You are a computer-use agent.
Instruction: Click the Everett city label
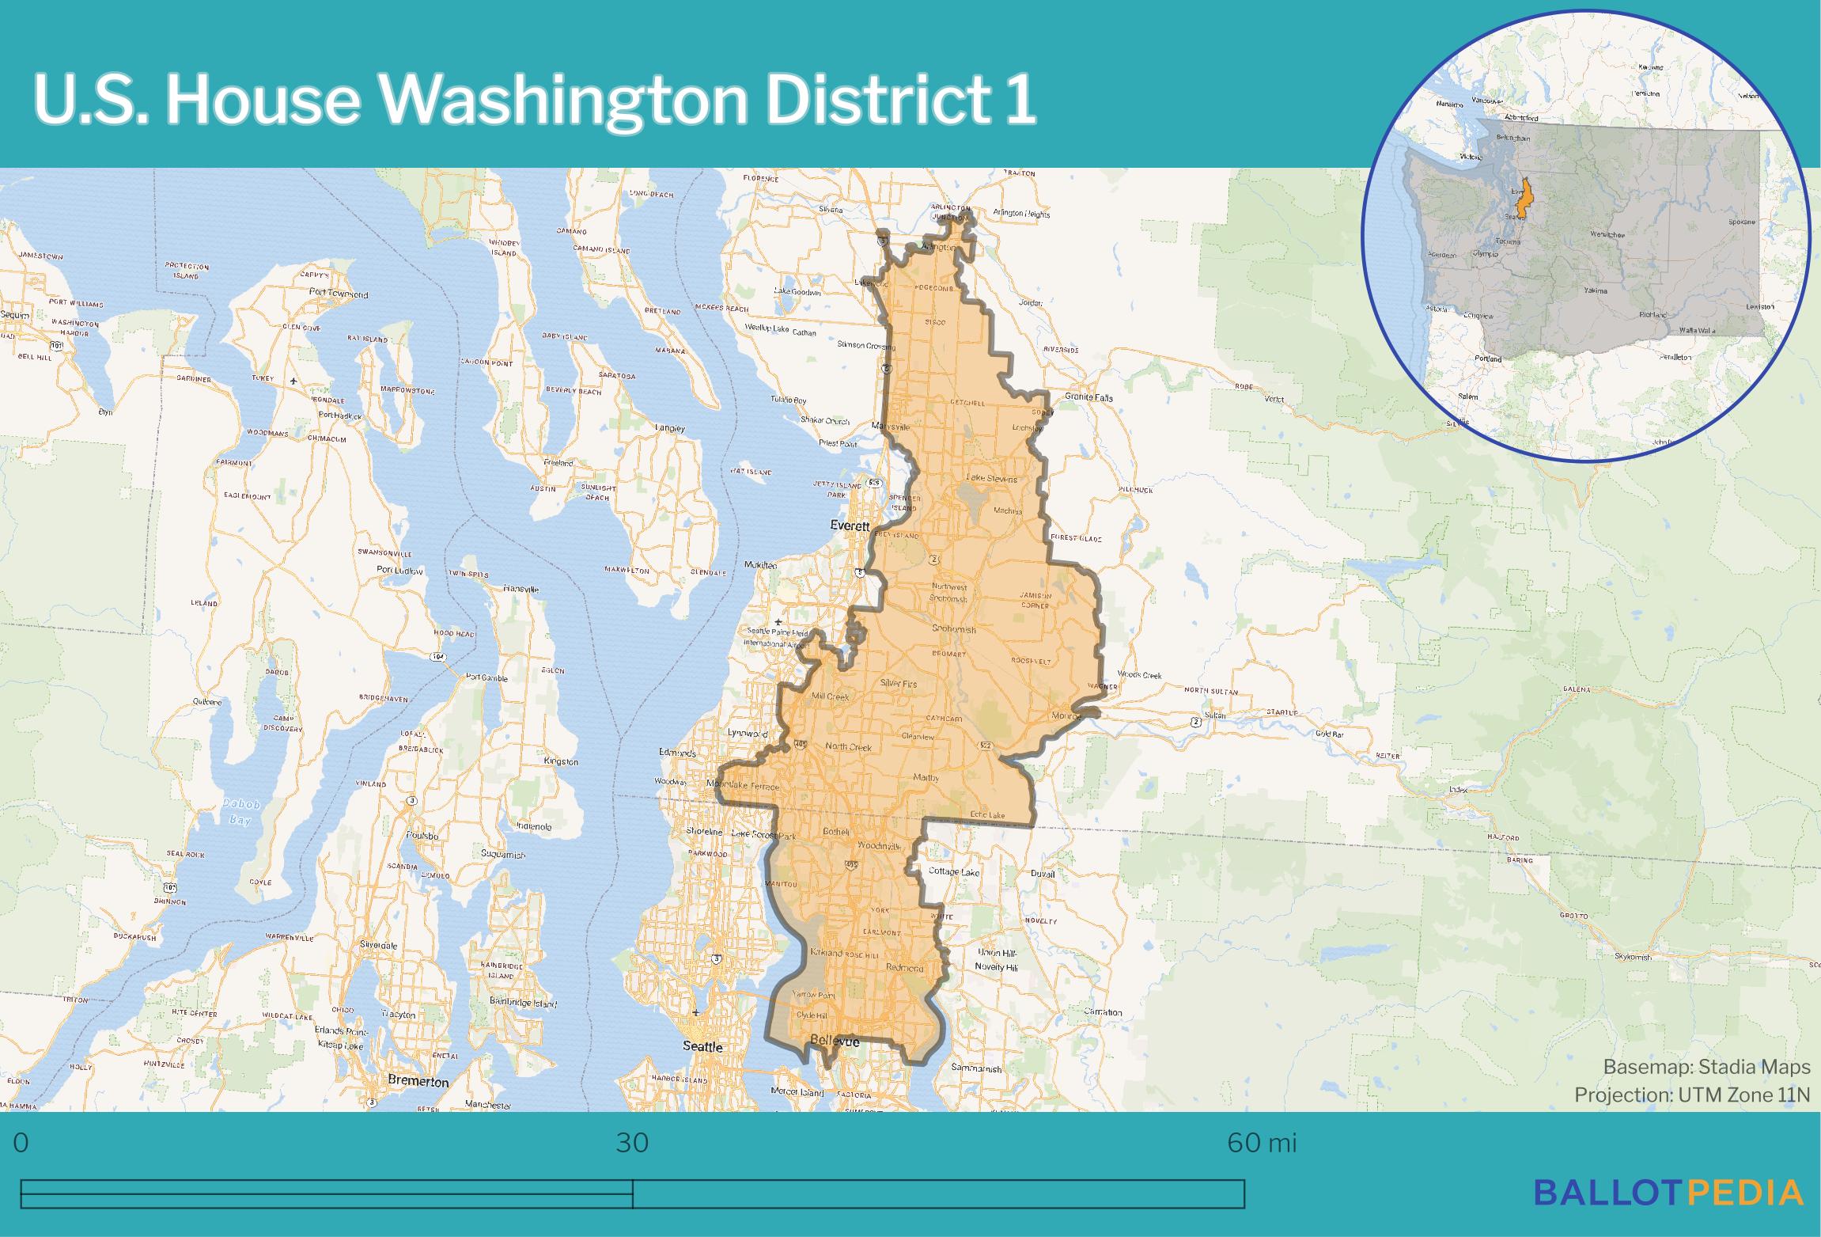[850, 526]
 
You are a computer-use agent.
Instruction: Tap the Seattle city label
[702, 1046]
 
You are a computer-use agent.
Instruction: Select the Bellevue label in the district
[835, 1042]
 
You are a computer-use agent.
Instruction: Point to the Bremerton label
[418, 1081]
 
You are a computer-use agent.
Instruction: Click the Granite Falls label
[1088, 397]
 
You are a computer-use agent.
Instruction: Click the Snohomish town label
[954, 630]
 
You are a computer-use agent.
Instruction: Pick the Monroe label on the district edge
[1066, 715]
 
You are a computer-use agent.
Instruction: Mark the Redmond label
[905, 968]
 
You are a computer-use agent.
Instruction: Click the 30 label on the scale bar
[632, 1144]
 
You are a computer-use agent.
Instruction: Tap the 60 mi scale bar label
[1262, 1144]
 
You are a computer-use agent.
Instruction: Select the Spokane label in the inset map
[1741, 222]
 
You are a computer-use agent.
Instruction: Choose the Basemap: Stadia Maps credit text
[1706, 1067]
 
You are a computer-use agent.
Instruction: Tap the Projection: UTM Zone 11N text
[1691, 1095]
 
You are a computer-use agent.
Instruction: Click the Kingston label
[562, 761]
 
